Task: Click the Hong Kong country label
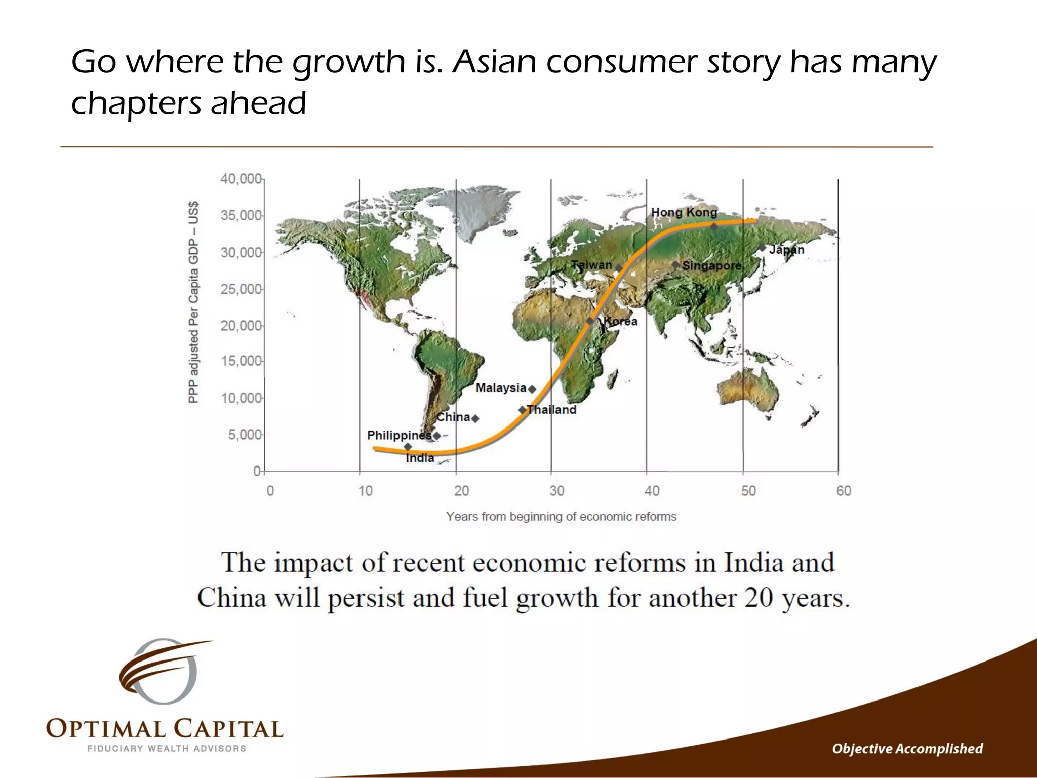coord(684,213)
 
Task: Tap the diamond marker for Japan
coord(762,248)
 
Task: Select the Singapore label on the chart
coord(711,265)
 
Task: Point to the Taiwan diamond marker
coord(618,268)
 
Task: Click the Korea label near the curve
coord(621,322)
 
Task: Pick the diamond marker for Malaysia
coord(532,389)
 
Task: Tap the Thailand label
coord(551,410)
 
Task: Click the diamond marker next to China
coord(475,418)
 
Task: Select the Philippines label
coord(399,435)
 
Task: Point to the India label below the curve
coord(420,458)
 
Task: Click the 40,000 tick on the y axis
coord(241,179)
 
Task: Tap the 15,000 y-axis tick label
coord(241,361)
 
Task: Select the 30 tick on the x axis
coord(556,491)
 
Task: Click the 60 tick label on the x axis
coord(844,491)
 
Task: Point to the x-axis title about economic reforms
coord(561,517)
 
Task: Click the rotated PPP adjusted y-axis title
coord(193,302)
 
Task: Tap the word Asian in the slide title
coord(494,62)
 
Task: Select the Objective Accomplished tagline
coord(907,749)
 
